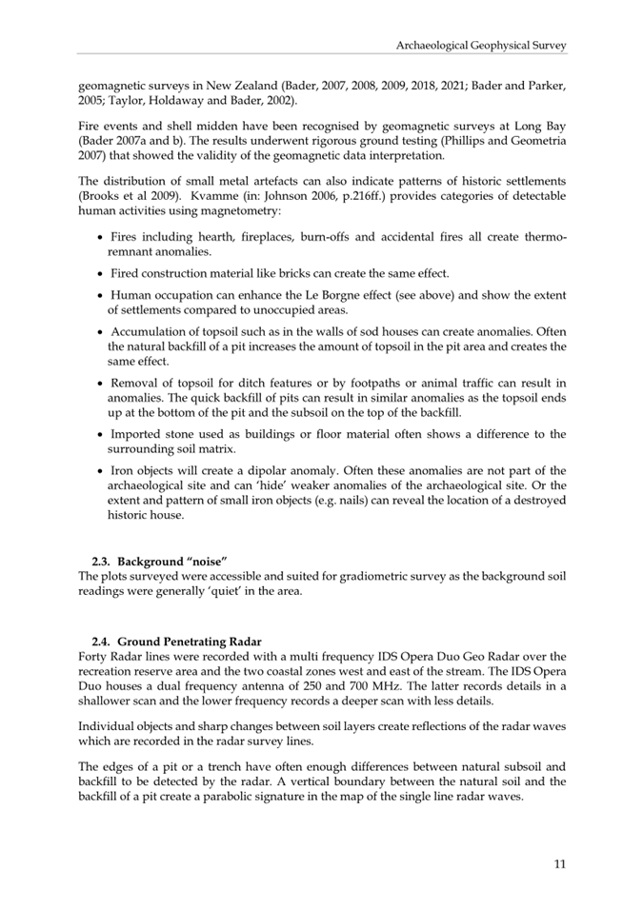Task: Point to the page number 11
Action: pos(559,864)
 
